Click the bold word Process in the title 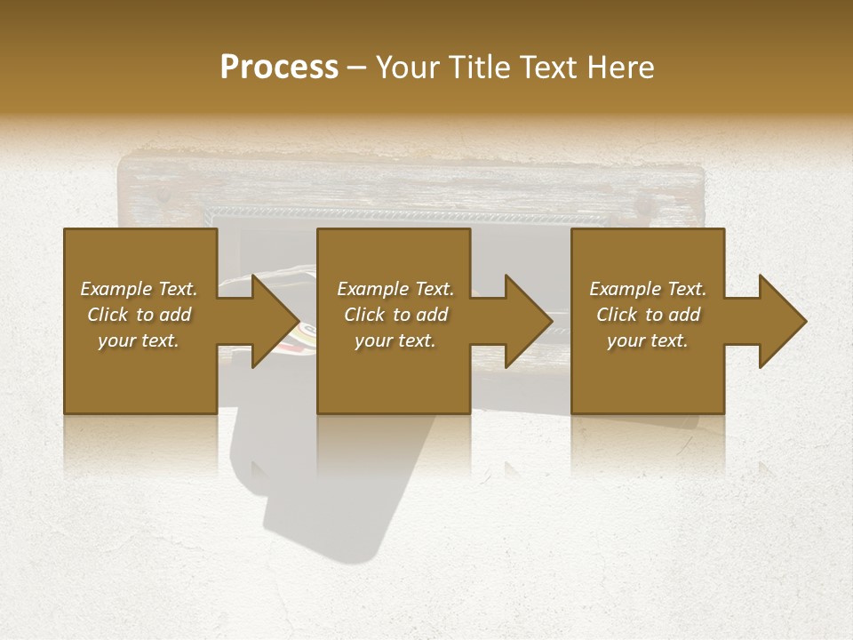coord(279,68)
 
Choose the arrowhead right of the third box coord(781,321)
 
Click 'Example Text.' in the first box coord(139,289)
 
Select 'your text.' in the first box coord(139,340)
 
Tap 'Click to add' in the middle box coord(395,315)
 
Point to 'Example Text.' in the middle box coord(395,289)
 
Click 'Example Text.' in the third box coord(648,289)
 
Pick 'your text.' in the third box coord(648,340)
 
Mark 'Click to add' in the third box coord(648,315)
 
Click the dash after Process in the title coord(357,68)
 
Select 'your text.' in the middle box coord(395,340)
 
